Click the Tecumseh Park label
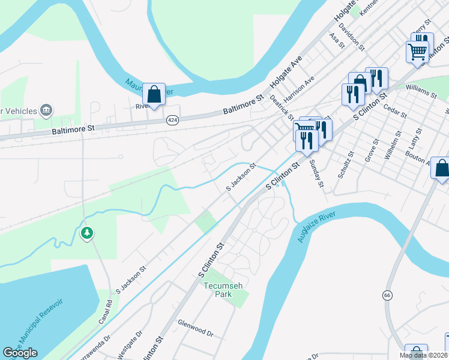[223, 290]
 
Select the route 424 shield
[173, 121]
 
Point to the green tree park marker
[87, 233]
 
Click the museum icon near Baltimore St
[46, 110]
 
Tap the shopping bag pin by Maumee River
[154, 94]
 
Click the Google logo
[20, 353]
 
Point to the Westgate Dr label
[130, 342]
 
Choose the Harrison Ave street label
[300, 89]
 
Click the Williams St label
[421, 91]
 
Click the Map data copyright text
[423, 355]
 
